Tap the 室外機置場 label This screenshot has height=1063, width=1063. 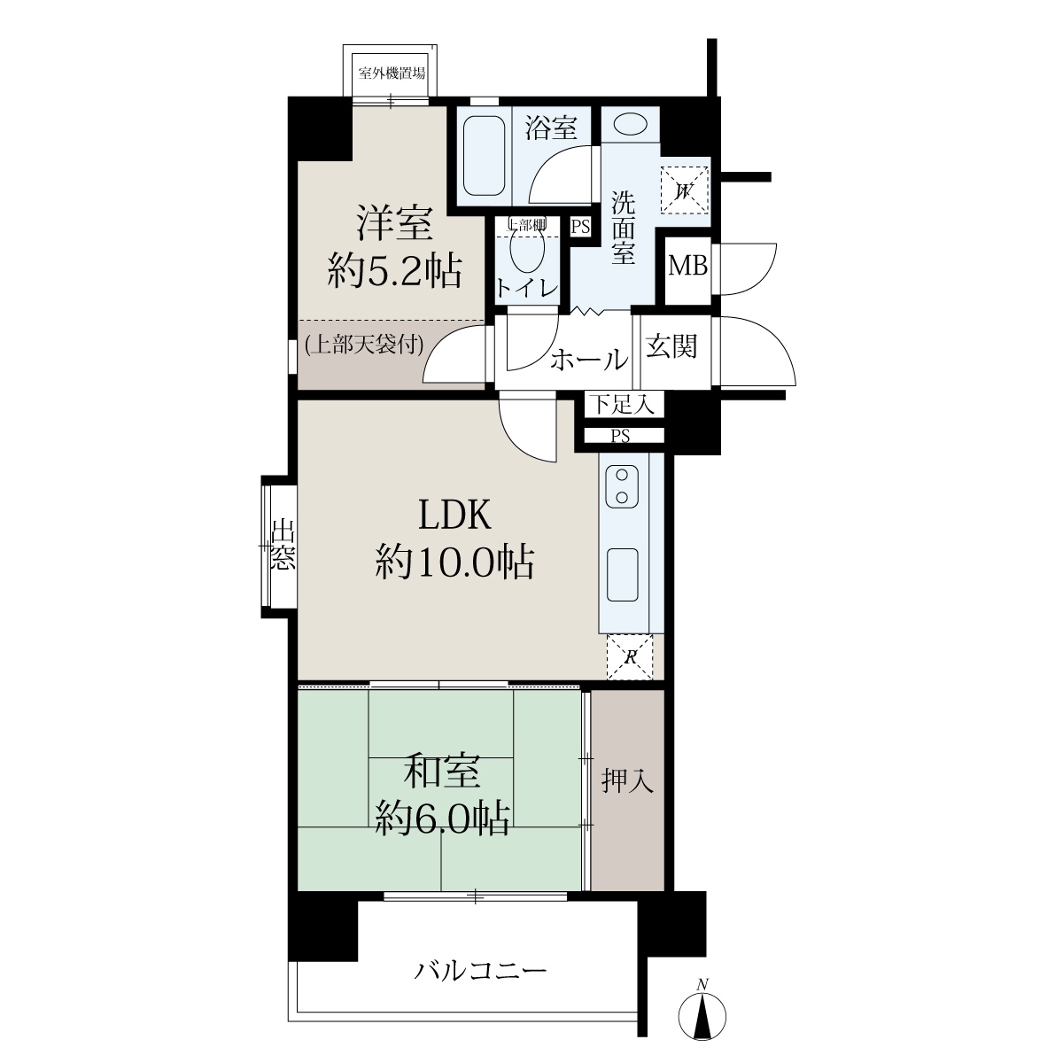point(392,73)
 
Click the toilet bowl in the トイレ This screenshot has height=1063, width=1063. point(526,250)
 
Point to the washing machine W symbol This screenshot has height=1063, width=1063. point(684,190)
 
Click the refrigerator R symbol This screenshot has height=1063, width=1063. point(630,657)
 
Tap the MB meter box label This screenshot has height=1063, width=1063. point(688,267)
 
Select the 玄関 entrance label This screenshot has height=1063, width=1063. point(671,346)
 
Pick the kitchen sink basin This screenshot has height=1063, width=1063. point(622,575)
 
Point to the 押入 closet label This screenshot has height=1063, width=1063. point(628,780)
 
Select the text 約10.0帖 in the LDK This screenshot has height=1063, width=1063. point(454,563)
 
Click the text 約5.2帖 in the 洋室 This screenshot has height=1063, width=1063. point(394,271)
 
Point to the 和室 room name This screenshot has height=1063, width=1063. point(442,772)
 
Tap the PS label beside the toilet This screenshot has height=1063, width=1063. point(580,227)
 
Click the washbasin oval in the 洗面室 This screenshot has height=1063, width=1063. point(630,123)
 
